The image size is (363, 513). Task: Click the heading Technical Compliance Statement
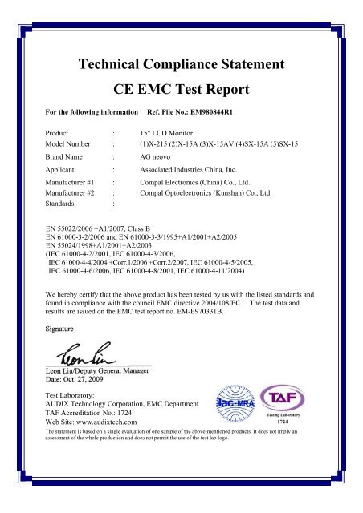pos(181,63)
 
